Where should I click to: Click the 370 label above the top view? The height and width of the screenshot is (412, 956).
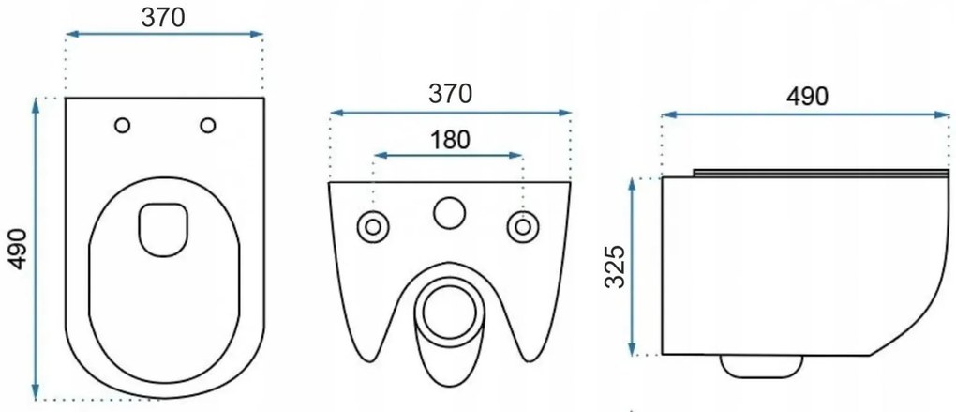tap(163, 16)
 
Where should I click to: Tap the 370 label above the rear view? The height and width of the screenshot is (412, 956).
tap(450, 94)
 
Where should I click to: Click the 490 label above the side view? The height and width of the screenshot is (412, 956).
tap(807, 97)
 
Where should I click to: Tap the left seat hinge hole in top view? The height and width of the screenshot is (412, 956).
tap(122, 125)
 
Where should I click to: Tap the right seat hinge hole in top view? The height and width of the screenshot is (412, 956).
tap(207, 125)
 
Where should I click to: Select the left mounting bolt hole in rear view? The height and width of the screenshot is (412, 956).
tap(373, 226)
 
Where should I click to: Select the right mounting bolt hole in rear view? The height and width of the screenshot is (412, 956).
tap(522, 226)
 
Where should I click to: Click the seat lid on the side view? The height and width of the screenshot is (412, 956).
tap(820, 173)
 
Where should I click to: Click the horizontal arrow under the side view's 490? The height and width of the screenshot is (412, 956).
tap(807, 114)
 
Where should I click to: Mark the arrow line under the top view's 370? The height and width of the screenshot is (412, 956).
tap(163, 35)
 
